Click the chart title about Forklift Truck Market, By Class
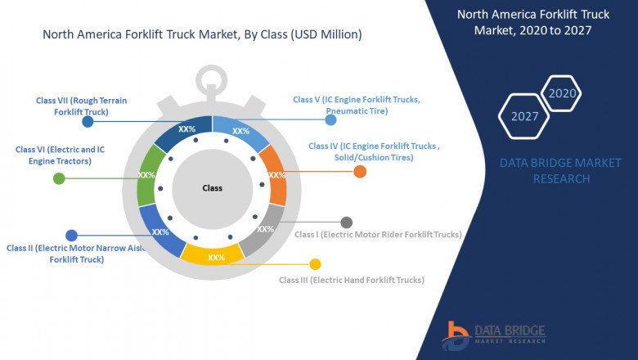click(201, 35)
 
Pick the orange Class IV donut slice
click(276, 175)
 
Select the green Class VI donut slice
click(147, 175)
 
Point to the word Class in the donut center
click(212, 188)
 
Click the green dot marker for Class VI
click(59, 178)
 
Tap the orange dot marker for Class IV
click(360, 171)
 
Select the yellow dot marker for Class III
click(315, 263)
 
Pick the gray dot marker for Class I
click(347, 222)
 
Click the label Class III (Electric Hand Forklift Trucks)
click(352, 280)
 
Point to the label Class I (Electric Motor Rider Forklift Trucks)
click(378, 235)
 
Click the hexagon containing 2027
click(524, 116)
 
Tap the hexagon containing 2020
click(562, 93)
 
